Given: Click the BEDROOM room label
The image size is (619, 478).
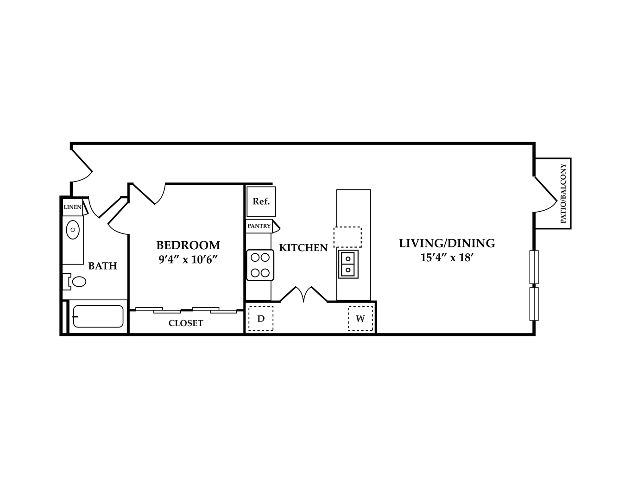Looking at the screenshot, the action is [x=188, y=245].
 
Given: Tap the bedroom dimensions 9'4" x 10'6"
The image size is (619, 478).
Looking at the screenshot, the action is [x=188, y=259].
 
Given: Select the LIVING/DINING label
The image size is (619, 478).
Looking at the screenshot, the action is [x=447, y=244].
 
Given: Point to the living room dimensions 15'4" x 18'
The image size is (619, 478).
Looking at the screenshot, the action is [x=447, y=258].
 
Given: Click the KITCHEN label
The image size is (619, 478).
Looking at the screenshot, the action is [x=303, y=248].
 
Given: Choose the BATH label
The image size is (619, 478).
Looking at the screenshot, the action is [x=102, y=265].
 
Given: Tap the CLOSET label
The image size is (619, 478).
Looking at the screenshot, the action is [x=186, y=323].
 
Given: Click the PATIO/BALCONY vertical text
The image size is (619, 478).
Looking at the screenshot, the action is [x=563, y=193].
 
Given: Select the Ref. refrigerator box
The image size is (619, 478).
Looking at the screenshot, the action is [x=261, y=201].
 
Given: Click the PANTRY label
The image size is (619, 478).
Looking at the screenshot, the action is [x=259, y=226].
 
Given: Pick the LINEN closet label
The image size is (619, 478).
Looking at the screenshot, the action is [x=72, y=207].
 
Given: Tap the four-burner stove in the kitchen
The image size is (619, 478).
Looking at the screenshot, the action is [x=260, y=265].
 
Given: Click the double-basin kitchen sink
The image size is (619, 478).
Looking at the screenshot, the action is [x=348, y=264].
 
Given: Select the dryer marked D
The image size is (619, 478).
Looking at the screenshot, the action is [x=261, y=319].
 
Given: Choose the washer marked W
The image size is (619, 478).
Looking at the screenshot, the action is [x=360, y=319].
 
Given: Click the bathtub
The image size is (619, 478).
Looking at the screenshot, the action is [x=98, y=316].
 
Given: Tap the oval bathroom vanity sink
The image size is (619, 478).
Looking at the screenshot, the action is [x=73, y=230].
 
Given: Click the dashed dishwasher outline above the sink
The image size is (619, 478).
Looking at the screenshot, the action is [x=347, y=237].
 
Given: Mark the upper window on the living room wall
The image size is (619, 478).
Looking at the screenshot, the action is [x=534, y=267].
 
